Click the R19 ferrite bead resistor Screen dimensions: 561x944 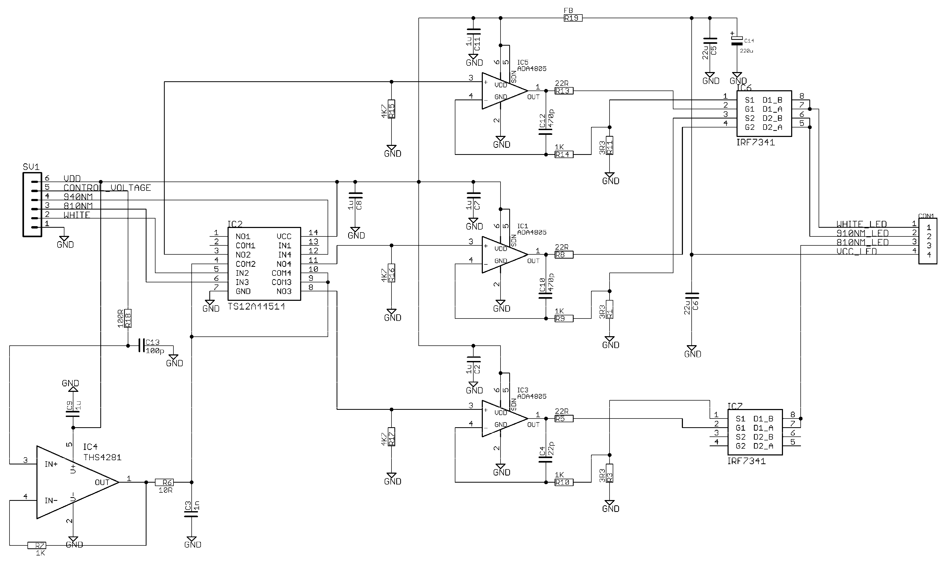[573, 18]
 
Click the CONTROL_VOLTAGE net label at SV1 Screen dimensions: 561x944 [107, 188]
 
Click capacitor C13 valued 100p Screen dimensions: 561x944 [142, 345]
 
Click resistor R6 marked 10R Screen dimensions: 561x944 [164, 482]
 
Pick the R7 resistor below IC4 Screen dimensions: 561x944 [37, 545]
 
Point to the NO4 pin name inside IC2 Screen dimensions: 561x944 [284, 264]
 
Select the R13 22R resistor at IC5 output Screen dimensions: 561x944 [564, 91]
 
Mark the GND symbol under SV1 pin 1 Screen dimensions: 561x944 [64, 240]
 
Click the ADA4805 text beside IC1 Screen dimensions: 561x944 [531, 232]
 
